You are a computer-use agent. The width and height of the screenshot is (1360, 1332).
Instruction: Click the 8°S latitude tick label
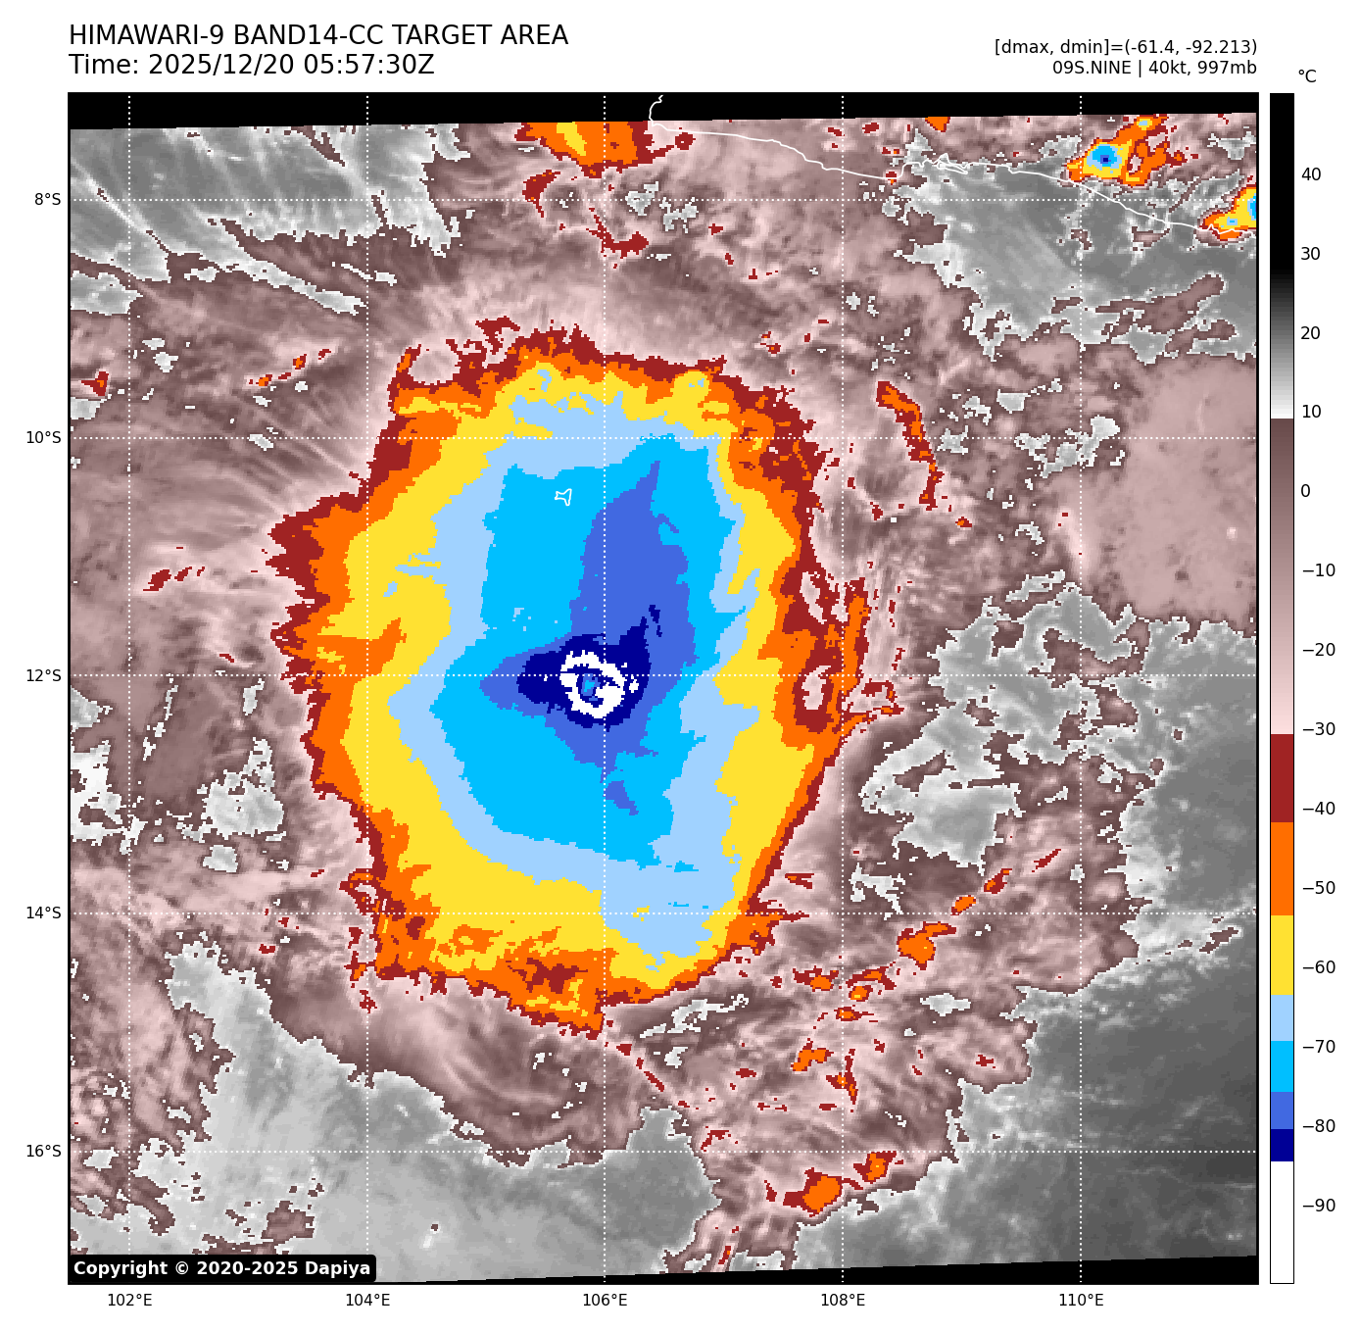(47, 200)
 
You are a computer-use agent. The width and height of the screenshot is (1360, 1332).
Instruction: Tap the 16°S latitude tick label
(43, 1152)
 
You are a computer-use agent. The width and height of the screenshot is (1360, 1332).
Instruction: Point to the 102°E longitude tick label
(129, 1301)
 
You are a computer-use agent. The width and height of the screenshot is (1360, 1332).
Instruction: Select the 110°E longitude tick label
(1081, 1301)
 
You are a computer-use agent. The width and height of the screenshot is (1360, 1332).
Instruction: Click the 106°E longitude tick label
(605, 1301)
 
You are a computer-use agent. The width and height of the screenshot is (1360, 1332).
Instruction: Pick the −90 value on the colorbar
(1318, 1206)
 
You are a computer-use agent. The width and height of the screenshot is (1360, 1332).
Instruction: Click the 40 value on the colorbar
(1311, 174)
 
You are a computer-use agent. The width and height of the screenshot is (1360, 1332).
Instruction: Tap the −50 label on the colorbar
(1318, 888)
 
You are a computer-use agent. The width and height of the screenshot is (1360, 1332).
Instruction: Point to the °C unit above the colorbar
(1307, 76)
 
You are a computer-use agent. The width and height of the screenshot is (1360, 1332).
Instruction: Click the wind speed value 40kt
(1166, 68)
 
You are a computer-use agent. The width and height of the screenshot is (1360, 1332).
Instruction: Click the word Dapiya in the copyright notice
(337, 1268)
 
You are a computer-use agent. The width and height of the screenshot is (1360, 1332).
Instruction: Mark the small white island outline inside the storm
(563, 497)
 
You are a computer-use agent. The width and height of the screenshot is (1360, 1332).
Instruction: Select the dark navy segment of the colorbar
(1282, 1145)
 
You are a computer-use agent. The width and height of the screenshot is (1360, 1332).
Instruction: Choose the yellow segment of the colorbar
(1282, 956)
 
